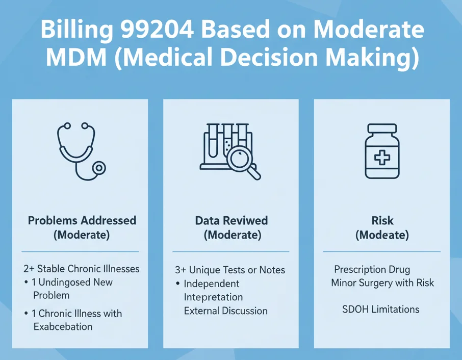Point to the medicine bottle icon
(382, 151)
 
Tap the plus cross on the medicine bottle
(382, 158)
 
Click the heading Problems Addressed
(82, 220)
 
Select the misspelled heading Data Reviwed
(231, 220)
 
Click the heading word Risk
(382, 220)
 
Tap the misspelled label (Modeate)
(382, 235)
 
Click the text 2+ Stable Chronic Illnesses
(81, 269)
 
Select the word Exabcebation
(63, 326)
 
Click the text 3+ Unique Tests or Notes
(229, 270)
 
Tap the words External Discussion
(225, 311)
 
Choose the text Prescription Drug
(372, 269)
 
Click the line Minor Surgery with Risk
(382, 282)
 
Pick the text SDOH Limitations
(380, 310)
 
